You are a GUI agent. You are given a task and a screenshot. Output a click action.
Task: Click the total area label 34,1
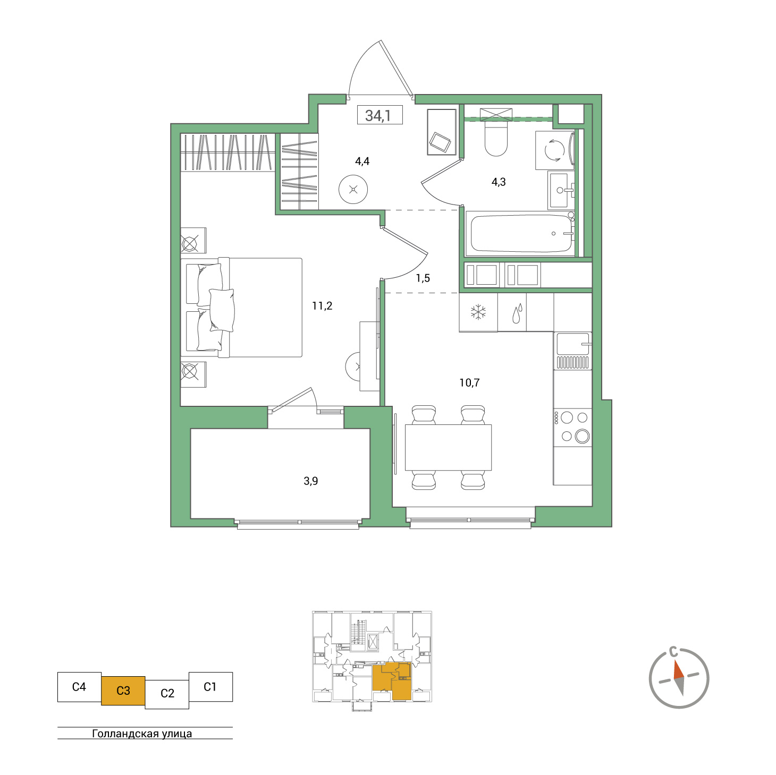(378, 115)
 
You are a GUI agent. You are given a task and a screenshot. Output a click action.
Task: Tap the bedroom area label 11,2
(322, 306)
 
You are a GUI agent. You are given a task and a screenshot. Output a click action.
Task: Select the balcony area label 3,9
(311, 481)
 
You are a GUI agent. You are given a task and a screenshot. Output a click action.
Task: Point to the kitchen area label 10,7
(469, 383)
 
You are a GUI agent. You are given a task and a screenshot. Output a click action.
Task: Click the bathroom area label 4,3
(499, 182)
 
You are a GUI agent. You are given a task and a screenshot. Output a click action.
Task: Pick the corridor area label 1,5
(423, 278)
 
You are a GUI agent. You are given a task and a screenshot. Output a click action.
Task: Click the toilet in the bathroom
(496, 139)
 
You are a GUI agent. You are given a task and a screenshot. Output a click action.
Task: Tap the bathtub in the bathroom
(521, 234)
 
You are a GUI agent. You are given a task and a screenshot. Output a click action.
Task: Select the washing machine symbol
(555, 151)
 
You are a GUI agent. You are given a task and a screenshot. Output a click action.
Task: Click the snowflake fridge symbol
(478, 312)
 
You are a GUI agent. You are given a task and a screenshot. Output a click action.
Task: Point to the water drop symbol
(517, 314)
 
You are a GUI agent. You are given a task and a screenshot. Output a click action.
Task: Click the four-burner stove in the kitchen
(573, 427)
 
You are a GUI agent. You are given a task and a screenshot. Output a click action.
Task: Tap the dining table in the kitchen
(448, 447)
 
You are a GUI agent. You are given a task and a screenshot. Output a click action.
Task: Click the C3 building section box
(123, 691)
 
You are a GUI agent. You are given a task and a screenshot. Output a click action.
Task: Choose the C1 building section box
(210, 687)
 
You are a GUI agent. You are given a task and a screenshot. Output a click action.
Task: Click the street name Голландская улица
(142, 734)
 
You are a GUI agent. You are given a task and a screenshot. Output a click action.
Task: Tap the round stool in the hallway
(353, 190)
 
